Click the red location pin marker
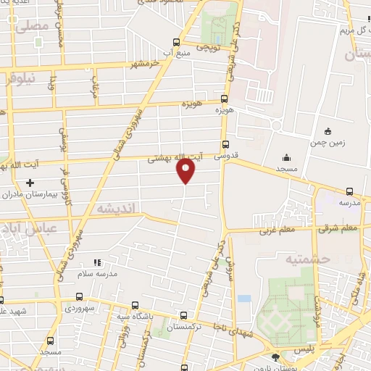[186, 170]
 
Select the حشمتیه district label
[307, 259]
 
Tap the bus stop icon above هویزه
[224, 99]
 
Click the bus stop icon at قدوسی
[225, 144]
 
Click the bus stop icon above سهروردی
[79, 298]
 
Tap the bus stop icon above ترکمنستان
[183, 315]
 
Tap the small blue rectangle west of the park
[243, 298]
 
